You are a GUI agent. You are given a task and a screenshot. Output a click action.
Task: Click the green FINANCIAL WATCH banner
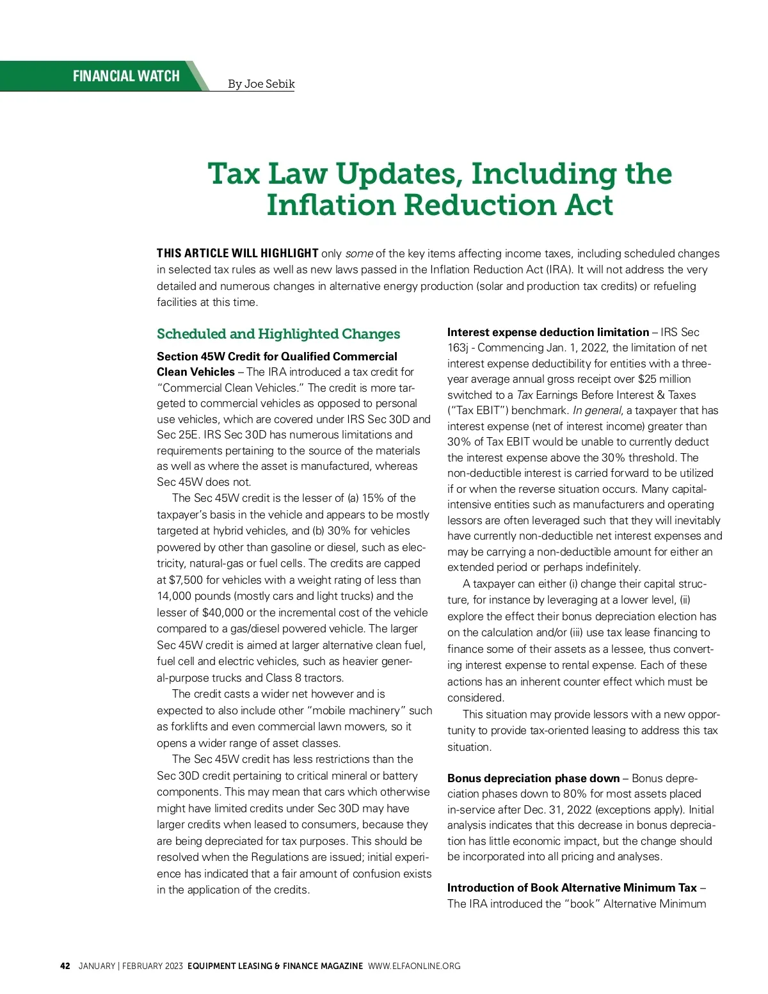coord(126,76)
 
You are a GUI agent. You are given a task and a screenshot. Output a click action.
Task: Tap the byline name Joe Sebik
coord(269,84)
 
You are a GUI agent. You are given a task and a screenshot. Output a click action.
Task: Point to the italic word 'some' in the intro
coord(359,253)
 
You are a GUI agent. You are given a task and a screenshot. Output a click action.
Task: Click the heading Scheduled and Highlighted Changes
coord(278,333)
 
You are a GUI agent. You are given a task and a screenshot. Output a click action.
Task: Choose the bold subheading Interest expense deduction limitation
coord(548,332)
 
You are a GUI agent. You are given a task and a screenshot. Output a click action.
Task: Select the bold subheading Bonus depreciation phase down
coord(533,778)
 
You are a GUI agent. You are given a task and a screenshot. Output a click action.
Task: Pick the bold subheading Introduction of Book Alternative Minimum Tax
coord(572,888)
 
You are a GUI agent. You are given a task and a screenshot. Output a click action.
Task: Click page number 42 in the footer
coord(65,966)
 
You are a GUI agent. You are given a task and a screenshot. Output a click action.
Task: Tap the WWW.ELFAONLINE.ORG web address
coord(414,966)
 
